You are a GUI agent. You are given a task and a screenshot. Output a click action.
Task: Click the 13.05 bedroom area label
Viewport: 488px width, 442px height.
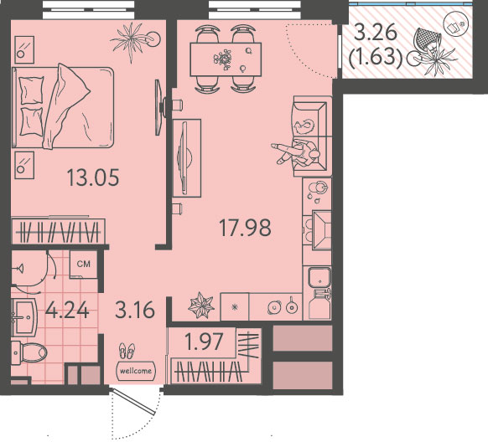click(x=93, y=177)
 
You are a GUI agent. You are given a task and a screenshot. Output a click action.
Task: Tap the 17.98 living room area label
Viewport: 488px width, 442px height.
click(x=245, y=228)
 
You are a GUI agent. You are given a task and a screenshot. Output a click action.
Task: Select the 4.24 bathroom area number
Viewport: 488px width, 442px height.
click(x=67, y=310)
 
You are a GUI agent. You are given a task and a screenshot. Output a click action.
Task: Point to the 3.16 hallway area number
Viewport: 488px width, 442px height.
click(x=135, y=310)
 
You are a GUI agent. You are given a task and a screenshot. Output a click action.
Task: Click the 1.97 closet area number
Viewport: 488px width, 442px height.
click(x=204, y=341)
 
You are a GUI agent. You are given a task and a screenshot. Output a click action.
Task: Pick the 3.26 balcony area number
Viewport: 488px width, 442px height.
click(x=376, y=33)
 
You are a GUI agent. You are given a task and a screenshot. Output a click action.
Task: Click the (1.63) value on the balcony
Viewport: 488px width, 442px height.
click(x=376, y=58)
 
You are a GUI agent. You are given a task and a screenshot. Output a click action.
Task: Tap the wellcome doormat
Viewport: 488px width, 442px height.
click(x=135, y=371)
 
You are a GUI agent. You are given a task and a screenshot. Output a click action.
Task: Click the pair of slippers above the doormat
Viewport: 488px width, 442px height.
click(x=127, y=351)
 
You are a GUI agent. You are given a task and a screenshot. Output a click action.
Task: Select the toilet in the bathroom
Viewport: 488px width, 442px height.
click(x=29, y=352)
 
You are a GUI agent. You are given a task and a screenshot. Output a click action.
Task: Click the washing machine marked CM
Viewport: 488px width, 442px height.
click(x=83, y=264)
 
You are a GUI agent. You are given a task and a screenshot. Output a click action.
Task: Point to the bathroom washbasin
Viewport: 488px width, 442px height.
click(x=24, y=317)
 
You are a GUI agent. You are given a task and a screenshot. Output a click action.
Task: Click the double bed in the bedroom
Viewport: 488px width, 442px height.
click(x=62, y=107)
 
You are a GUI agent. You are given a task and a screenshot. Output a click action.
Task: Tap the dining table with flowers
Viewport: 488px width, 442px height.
click(x=226, y=59)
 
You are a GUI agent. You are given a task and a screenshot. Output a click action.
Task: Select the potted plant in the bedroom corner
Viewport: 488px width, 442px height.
click(x=134, y=40)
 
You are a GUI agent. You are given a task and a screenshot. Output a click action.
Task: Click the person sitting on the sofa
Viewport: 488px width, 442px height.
click(x=297, y=153)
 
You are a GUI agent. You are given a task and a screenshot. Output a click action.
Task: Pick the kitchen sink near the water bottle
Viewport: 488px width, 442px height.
click(x=319, y=278)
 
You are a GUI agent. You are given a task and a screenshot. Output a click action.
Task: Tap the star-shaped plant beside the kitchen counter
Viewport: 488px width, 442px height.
click(x=201, y=306)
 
